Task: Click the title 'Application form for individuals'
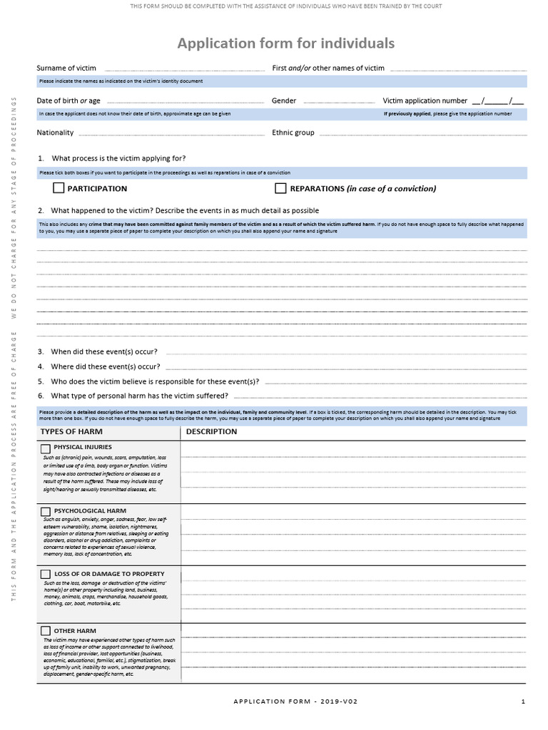pos(285,43)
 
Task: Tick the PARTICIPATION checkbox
pos(59,188)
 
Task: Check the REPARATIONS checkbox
pos(280,188)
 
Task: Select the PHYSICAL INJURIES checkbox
pos(46,448)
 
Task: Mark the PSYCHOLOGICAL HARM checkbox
pos(46,511)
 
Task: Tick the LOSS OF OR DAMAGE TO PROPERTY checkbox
pos(46,574)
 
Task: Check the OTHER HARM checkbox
pos(46,631)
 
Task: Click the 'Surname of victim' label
pos(66,68)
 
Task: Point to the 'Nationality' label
pos(55,133)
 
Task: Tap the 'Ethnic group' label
pos(293,133)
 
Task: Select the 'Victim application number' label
pos(425,101)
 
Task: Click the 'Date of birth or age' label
pos(68,101)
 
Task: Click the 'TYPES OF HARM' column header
pos(71,431)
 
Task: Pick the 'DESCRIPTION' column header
pos(211,431)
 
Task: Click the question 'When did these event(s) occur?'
pos(104,351)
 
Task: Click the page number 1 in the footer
pos(522,701)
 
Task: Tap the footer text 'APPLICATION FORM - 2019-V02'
pos(295,701)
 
